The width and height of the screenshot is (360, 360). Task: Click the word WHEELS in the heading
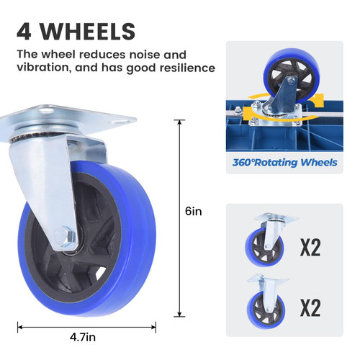click(x=87, y=32)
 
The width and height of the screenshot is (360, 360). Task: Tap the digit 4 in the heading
click(x=24, y=32)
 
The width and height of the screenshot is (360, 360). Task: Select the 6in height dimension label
click(x=194, y=212)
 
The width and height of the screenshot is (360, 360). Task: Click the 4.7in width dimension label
click(x=83, y=337)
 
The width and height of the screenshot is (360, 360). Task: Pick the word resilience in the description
click(x=187, y=68)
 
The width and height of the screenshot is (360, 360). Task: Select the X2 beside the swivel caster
click(x=310, y=248)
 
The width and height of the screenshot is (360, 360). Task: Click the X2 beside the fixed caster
click(x=310, y=308)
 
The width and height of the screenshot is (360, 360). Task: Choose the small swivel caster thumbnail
click(x=269, y=240)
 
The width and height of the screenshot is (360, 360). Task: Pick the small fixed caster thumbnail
click(x=266, y=300)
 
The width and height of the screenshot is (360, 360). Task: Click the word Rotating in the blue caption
click(x=276, y=163)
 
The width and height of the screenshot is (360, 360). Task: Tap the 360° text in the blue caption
click(x=243, y=163)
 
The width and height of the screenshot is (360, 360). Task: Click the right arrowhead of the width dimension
click(x=153, y=327)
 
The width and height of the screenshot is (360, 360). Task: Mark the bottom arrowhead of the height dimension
click(x=179, y=314)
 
